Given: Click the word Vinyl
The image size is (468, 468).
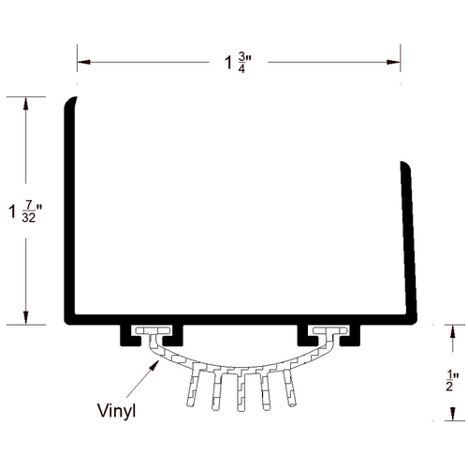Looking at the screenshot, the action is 116,411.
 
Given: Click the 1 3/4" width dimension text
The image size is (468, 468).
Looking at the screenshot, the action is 238,63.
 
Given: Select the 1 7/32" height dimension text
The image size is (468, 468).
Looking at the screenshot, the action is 25,212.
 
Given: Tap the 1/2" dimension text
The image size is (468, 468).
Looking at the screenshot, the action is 452,380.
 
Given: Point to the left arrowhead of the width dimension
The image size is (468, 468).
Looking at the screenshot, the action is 83,62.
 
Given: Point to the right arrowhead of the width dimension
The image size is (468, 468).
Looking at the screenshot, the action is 393,62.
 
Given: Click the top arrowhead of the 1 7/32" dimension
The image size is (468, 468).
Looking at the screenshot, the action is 25,104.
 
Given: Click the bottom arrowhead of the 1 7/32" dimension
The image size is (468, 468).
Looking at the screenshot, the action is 25,317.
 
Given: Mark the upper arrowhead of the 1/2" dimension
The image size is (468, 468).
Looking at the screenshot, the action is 453,331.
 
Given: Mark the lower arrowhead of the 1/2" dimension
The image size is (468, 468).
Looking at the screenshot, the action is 453,414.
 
